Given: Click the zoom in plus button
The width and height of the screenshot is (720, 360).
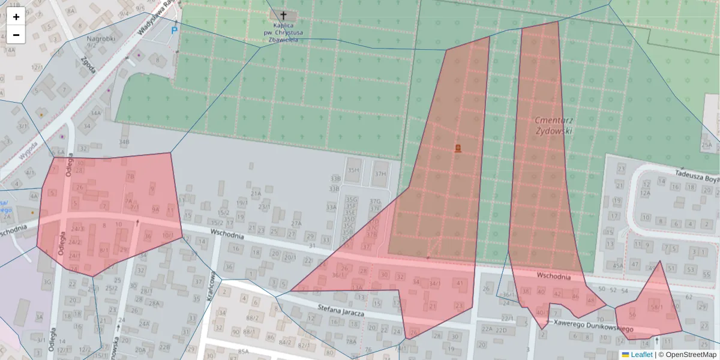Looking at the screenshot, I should [x=16, y=17].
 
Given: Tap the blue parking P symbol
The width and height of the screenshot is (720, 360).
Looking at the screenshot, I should [x=175, y=29].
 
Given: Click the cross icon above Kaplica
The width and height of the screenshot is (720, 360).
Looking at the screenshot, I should [x=283, y=15].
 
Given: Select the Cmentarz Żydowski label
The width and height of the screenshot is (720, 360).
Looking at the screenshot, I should [x=554, y=125].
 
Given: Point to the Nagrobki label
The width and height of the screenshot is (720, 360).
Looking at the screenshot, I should [x=100, y=39].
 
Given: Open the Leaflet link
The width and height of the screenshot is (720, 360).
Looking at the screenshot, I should [x=641, y=355].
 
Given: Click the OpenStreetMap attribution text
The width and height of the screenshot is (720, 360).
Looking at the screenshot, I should [x=687, y=355].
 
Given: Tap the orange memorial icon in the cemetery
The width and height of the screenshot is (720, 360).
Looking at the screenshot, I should [x=458, y=148].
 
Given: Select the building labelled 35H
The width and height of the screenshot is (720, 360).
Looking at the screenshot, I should [x=353, y=170].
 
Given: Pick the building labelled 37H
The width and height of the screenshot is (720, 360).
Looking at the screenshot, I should [x=380, y=174].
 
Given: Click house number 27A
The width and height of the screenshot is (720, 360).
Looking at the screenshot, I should [x=296, y=223].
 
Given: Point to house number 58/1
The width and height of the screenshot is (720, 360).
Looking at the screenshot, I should [x=657, y=307].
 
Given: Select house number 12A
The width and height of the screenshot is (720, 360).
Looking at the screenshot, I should [x=645, y=193].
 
